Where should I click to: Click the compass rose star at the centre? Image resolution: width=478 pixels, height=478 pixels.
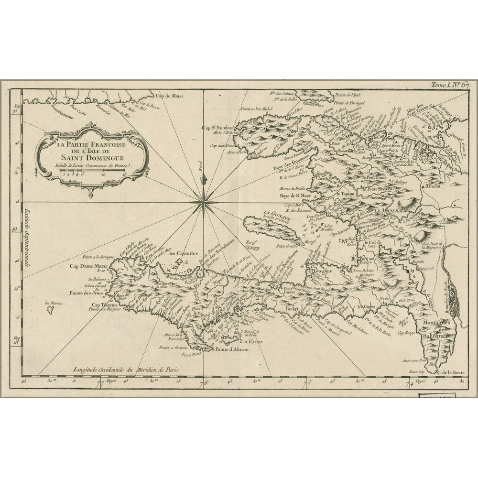203,202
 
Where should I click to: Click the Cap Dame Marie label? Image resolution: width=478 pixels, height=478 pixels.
85,266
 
